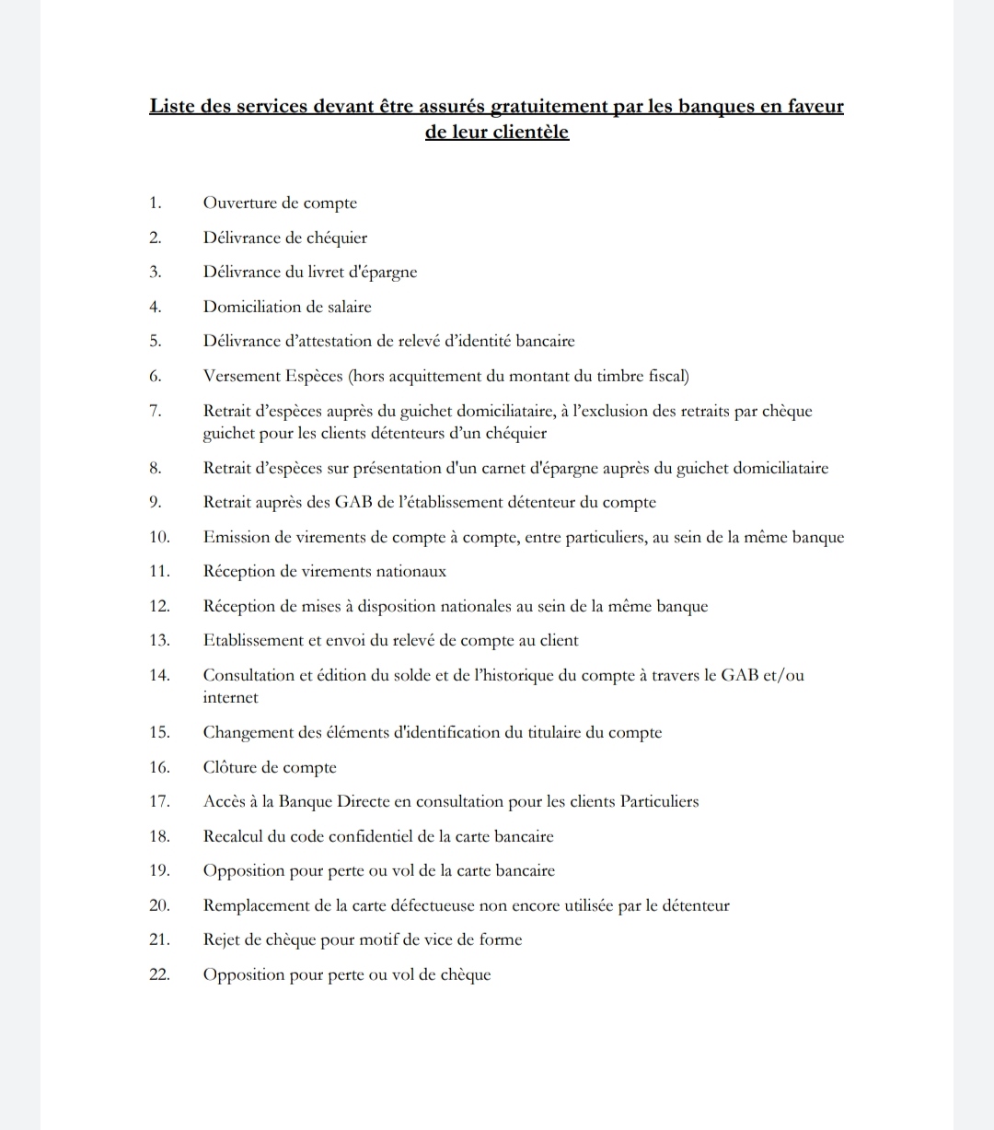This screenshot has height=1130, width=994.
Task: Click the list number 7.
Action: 155,411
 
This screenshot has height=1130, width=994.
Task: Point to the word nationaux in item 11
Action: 410,572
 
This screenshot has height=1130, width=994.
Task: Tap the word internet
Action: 230,698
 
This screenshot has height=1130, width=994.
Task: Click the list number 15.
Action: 158,733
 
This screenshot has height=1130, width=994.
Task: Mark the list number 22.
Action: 158,974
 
